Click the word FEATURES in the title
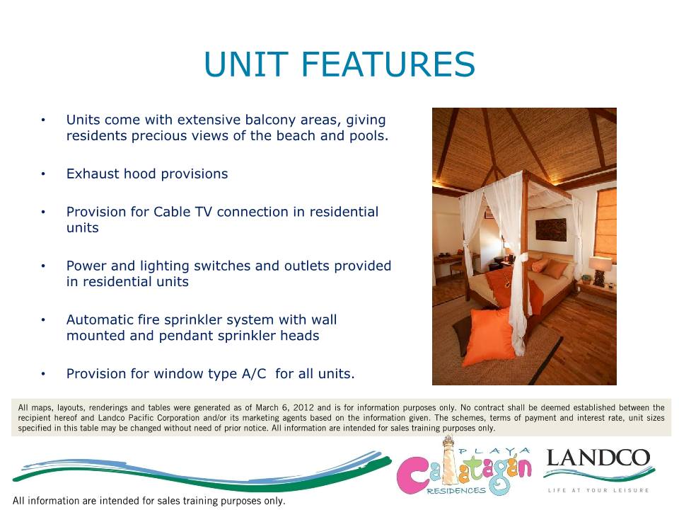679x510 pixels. (388, 64)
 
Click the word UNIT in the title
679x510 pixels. (246, 64)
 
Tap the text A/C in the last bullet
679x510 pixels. (254, 374)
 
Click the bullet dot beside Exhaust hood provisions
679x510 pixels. (43, 174)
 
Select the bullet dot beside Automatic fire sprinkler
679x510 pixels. (43, 320)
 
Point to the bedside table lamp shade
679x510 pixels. (600, 263)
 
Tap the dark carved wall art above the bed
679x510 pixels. (551, 229)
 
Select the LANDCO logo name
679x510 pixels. (598, 458)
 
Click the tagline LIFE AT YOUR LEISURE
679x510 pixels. (598, 490)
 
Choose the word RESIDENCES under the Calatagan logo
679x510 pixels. (456, 491)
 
